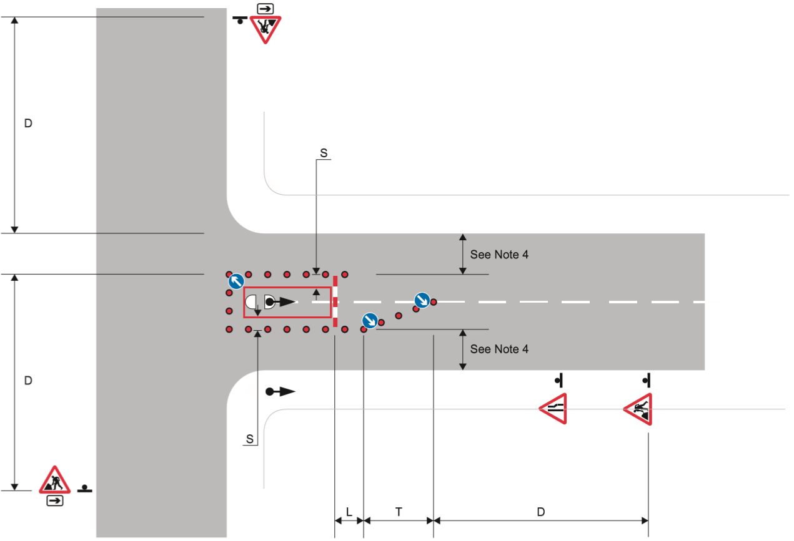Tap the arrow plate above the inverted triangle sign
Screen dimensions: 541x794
pyautogui.click(x=265, y=8)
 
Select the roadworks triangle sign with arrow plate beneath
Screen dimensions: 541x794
pyautogui.click(x=55, y=480)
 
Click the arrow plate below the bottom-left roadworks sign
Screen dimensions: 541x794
pyautogui.click(x=55, y=500)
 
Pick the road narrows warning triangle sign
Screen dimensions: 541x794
pyautogui.click(x=553, y=409)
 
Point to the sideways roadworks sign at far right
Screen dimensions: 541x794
pyautogui.click(x=638, y=409)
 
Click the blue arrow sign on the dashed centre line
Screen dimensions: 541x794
pyautogui.click(x=422, y=300)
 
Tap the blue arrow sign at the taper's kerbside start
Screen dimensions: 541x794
pyautogui.click(x=369, y=321)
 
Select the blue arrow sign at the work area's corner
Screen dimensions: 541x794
pyautogui.click(x=236, y=281)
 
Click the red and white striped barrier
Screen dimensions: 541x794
pyautogui.click(x=335, y=301)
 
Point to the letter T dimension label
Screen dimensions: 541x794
pyautogui.click(x=399, y=512)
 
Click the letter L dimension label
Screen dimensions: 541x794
pyautogui.click(x=349, y=512)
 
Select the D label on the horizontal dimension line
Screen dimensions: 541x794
pyautogui.click(x=541, y=512)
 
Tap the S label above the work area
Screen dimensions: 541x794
pyautogui.click(x=324, y=152)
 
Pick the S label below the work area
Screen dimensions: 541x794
pyautogui.click(x=250, y=439)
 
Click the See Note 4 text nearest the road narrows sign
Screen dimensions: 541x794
pyautogui.click(x=499, y=349)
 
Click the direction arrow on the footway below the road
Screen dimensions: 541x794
pyautogui.click(x=280, y=392)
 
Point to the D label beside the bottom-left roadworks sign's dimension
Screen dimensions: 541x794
pyautogui.click(x=28, y=380)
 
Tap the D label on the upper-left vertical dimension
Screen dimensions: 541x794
pyautogui.click(x=28, y=124)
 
